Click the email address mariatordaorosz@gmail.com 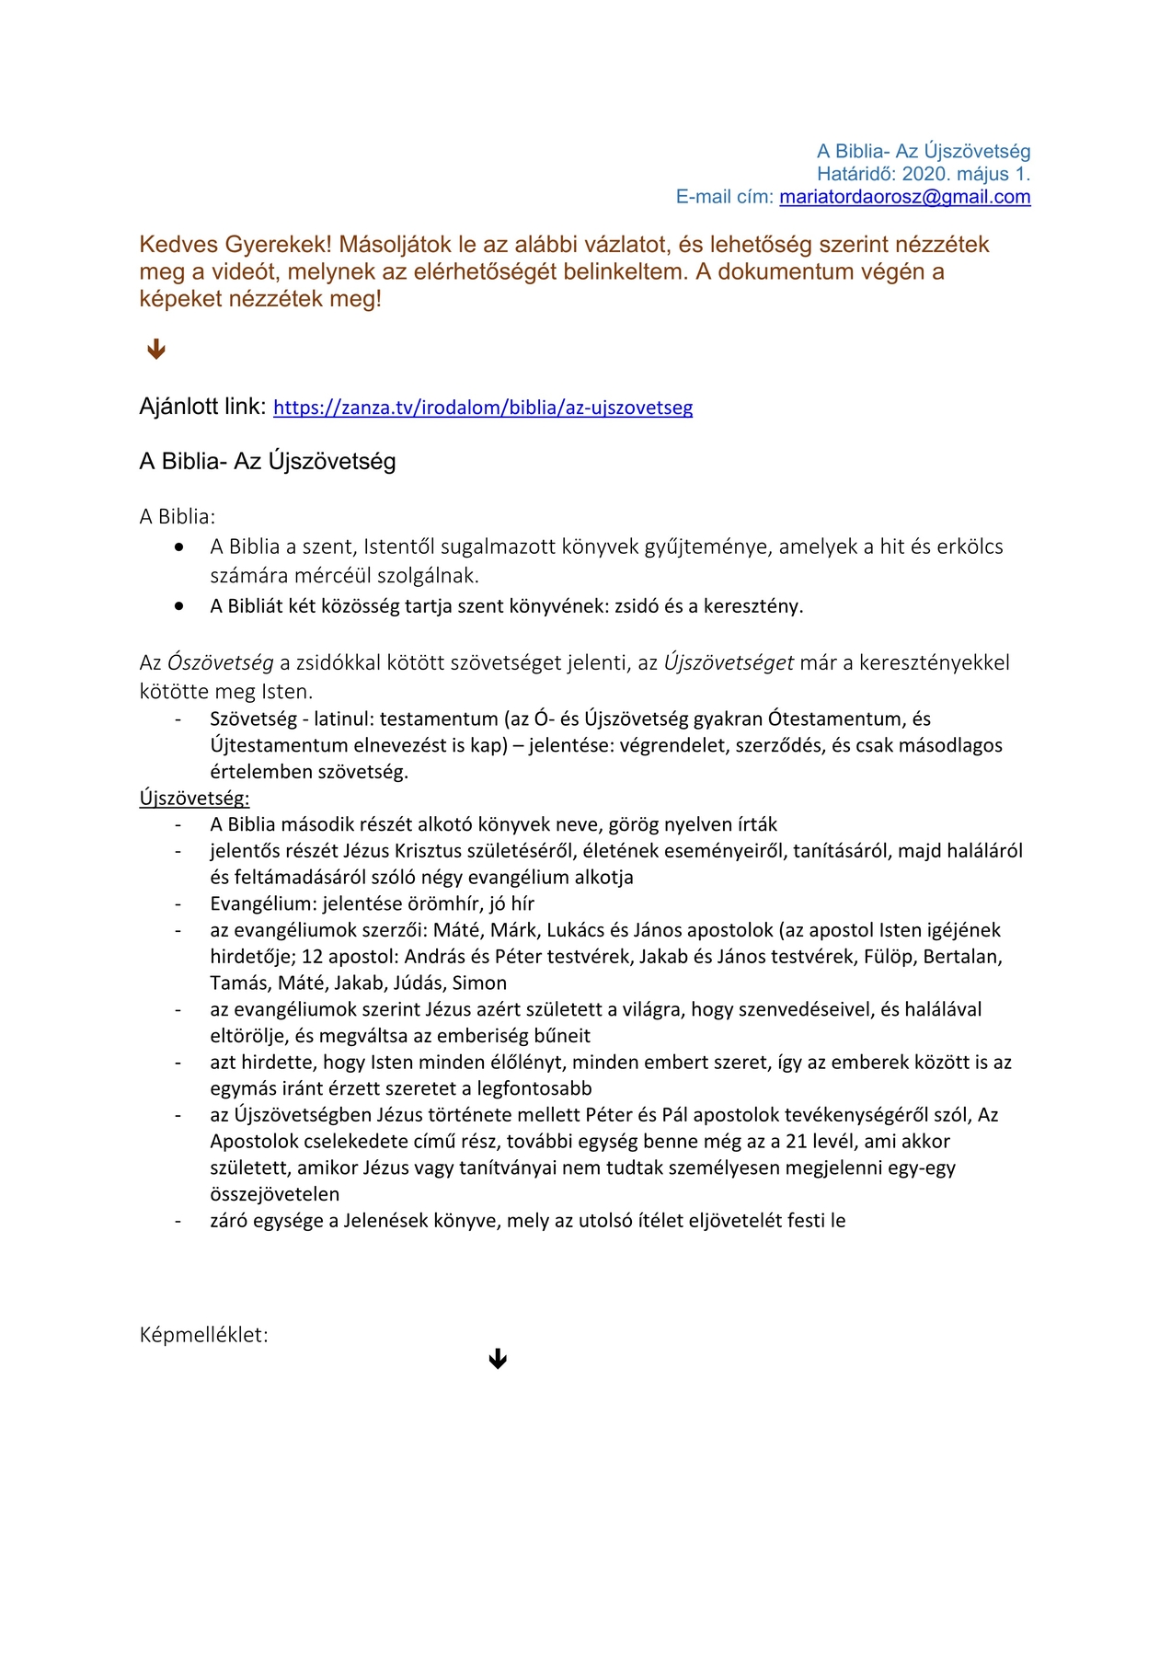(904, 197)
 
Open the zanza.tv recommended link (483, 408)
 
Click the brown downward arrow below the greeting (156, 349)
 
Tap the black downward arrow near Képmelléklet (498, 1359)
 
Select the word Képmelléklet (202, 1335)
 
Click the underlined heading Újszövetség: (194, 798)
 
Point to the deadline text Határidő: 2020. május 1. (924, 174)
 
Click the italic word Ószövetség (221, 662)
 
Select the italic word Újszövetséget (729, 662)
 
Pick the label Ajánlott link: (202, 407)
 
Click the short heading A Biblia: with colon (178, 516)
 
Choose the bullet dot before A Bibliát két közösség (179, 606)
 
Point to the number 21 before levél (797, 1142)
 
